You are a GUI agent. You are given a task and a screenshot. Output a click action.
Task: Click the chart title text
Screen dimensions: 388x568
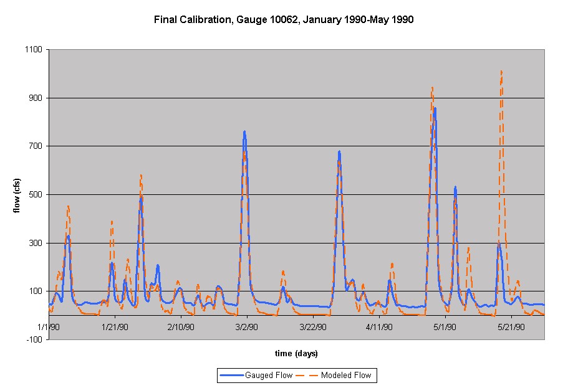click(x=284, y=20)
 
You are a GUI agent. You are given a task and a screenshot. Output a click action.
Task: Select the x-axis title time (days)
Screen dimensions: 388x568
click(x=296, y=354)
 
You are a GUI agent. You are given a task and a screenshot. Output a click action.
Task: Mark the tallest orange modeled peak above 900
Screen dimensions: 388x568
click(x=501, y=72)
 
